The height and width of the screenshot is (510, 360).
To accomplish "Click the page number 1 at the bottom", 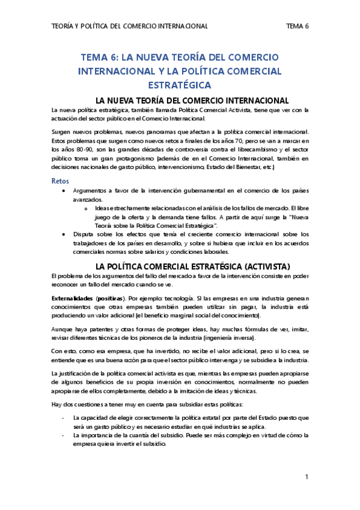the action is (307, 477).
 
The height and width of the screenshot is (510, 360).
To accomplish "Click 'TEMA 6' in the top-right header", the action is (297, 26).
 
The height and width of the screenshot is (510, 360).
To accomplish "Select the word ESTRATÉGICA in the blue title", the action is (180, 84).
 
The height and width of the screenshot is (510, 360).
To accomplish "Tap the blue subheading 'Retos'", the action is (60, 180).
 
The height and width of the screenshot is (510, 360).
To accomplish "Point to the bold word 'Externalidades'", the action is (72, 298).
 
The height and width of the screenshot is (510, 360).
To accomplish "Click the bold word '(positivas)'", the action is (109, 298).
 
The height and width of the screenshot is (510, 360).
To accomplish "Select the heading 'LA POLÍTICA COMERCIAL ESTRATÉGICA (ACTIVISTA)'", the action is (180, 265).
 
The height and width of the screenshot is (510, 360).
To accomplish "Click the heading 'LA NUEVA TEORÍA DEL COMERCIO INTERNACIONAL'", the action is (180, 100).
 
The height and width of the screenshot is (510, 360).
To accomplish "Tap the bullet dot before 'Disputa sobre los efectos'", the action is (65, 234).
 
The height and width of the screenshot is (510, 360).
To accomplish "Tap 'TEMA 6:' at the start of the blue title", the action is (100, 58).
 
